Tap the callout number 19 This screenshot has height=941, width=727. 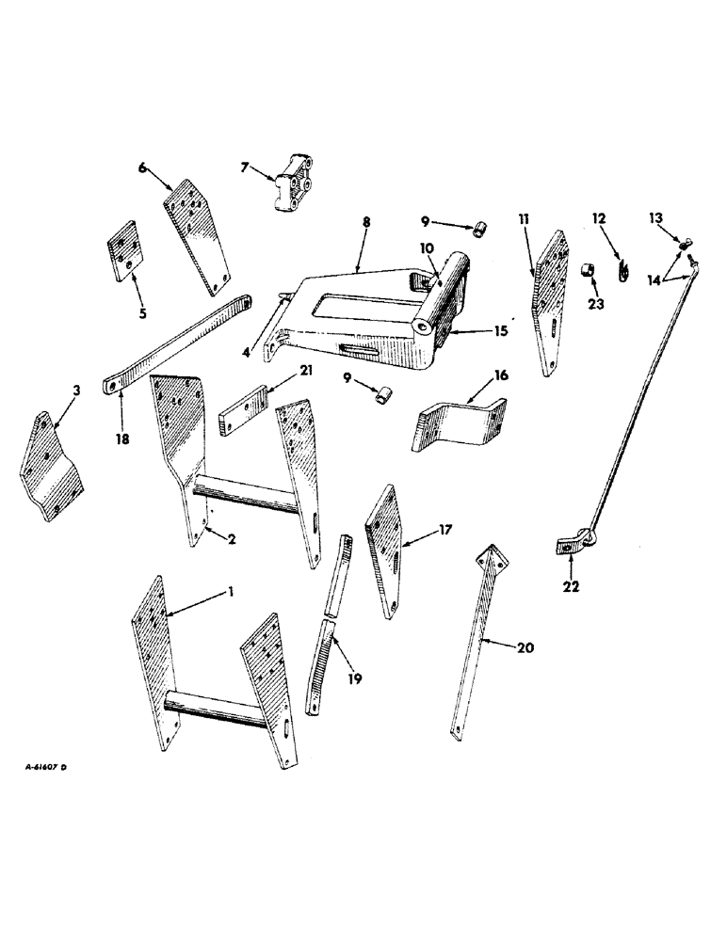pos(355,677)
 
